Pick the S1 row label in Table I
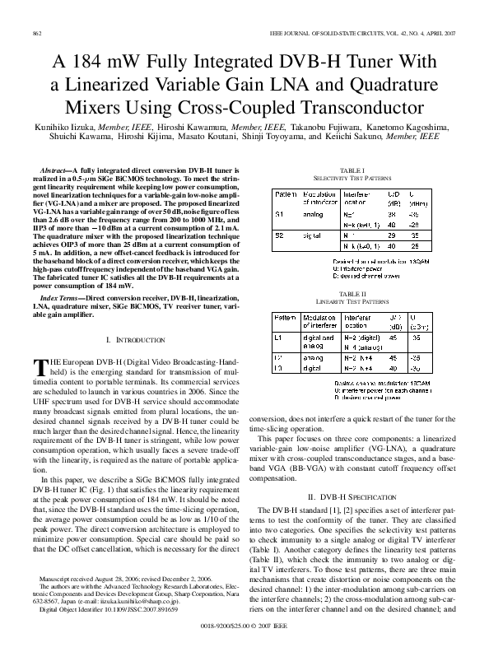(279, 213)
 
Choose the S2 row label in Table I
(279, 235)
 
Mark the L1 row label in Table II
(278, 337)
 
